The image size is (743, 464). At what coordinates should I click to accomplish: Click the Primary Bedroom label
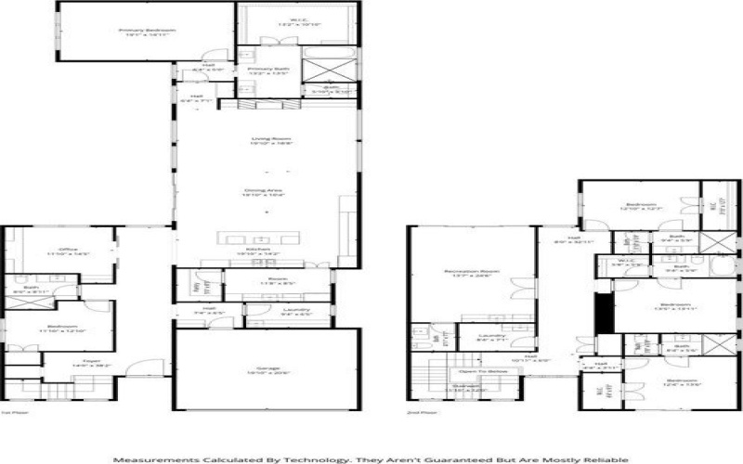point(147,31)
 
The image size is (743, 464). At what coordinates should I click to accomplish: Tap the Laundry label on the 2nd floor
point(491,337)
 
